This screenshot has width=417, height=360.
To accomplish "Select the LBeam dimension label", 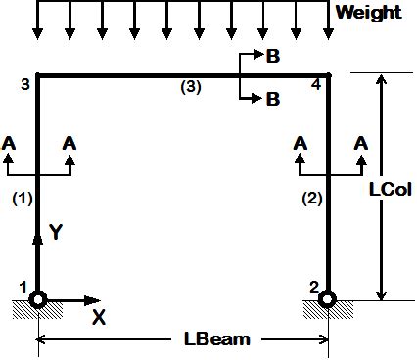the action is point(216,339).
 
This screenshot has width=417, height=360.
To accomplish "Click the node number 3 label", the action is point(24,85).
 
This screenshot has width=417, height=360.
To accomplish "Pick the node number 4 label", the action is point(313,85).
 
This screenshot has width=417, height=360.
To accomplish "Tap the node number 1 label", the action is point(22,286).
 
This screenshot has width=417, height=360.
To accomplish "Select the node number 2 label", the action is point(312,286).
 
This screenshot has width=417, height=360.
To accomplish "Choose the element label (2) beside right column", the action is point(312,200).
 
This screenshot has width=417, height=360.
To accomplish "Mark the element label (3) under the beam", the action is point(190,86).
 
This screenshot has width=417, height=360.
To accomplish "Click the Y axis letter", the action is point(55,232).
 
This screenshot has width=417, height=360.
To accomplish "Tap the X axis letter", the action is point(98,317).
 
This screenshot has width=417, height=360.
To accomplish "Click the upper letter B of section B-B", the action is point(272,57).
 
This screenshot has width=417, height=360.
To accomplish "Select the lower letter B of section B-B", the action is point(272,98).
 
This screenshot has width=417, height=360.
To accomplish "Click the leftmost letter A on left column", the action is point(9,143).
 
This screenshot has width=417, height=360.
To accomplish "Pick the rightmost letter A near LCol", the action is point(361,143).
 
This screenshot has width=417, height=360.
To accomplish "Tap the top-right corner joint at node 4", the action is point(328,74).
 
